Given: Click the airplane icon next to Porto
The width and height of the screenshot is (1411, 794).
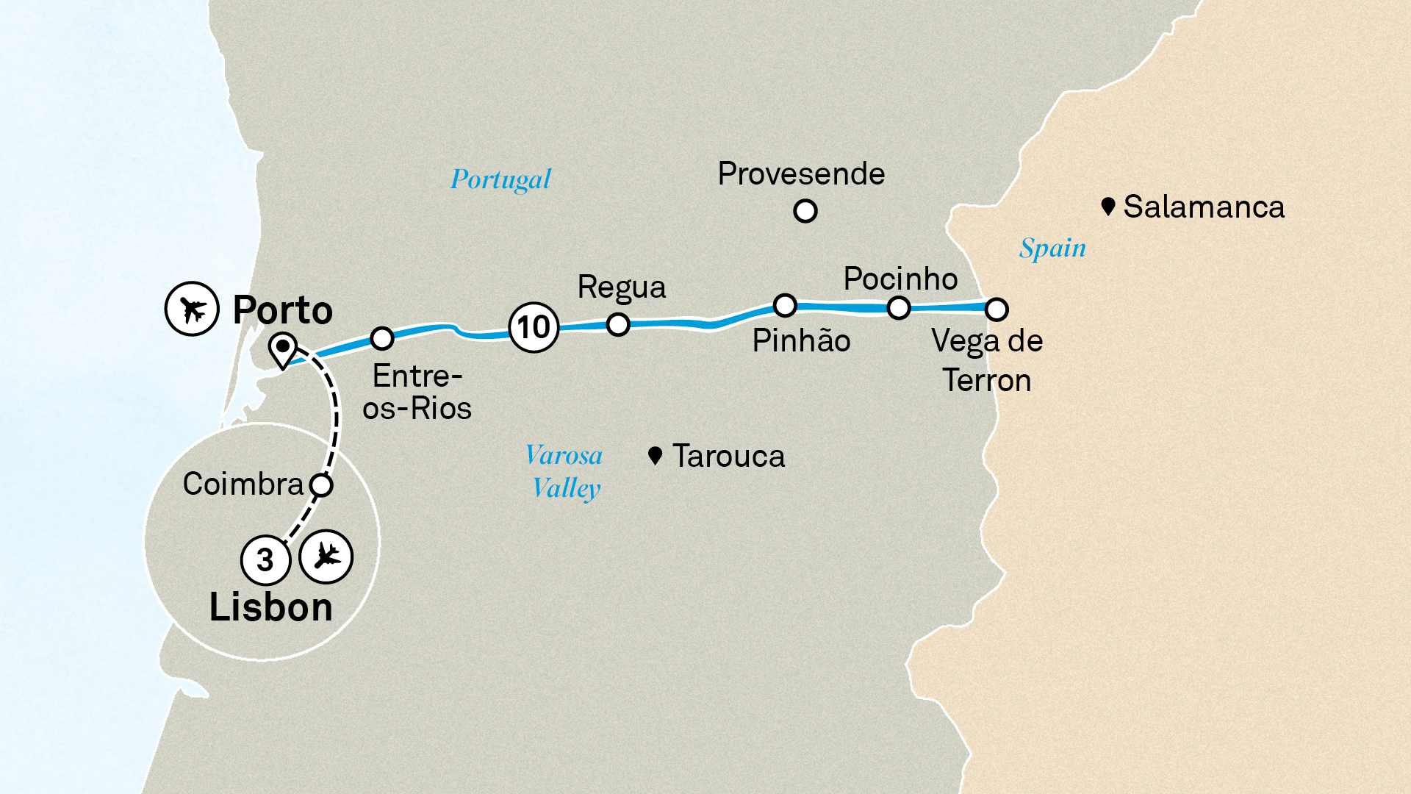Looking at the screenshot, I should pyautogui.click(x=192, y=309).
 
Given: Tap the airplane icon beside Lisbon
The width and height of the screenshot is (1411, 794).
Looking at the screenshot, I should pyautogui.click(x=326, y=557).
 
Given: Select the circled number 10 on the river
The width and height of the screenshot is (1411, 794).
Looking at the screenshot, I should pyautogui.click(x=534, y=327).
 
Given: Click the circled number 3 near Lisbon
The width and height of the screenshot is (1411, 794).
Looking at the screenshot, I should pyautogui.click(x=265, y=560).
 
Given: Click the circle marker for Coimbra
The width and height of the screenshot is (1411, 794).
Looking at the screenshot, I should pyautogui.click(x=321, y=485).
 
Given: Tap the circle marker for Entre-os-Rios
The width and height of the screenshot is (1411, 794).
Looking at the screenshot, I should pyautogui.click(x=382, y=338).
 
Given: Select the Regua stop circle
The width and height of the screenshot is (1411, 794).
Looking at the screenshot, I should pyautogui.click(x=618, y=323).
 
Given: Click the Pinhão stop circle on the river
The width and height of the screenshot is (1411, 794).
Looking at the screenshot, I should pyautogui.click(x=785, y=305).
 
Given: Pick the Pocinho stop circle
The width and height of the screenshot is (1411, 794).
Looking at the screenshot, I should pyautogui.click(x=899, y=308).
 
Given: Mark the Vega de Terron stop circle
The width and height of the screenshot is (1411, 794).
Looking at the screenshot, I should pyautogui.click(x=997, y=310).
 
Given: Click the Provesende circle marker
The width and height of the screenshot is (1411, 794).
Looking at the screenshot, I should pyautogui.click(x=805, y=212).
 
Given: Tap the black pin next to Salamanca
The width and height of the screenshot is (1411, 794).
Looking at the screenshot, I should pyautogui.click(x=1108, y=206).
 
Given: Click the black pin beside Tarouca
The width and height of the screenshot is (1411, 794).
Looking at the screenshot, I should pyautogui.click(x=656, y=456).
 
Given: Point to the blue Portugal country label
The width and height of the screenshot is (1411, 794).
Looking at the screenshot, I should pyautogui.click(x=500, y=179).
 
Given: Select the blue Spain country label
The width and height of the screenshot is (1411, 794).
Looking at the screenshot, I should pyautogui.click(x=1052, y=248).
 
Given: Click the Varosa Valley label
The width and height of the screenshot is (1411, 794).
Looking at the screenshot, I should pyautogui.click(x=565, y=471).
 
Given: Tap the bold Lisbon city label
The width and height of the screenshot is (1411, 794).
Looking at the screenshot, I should pyautogui.click(x=271, y=608).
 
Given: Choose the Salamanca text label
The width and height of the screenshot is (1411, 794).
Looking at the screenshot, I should pyautogui.click(x=1204, y=207).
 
